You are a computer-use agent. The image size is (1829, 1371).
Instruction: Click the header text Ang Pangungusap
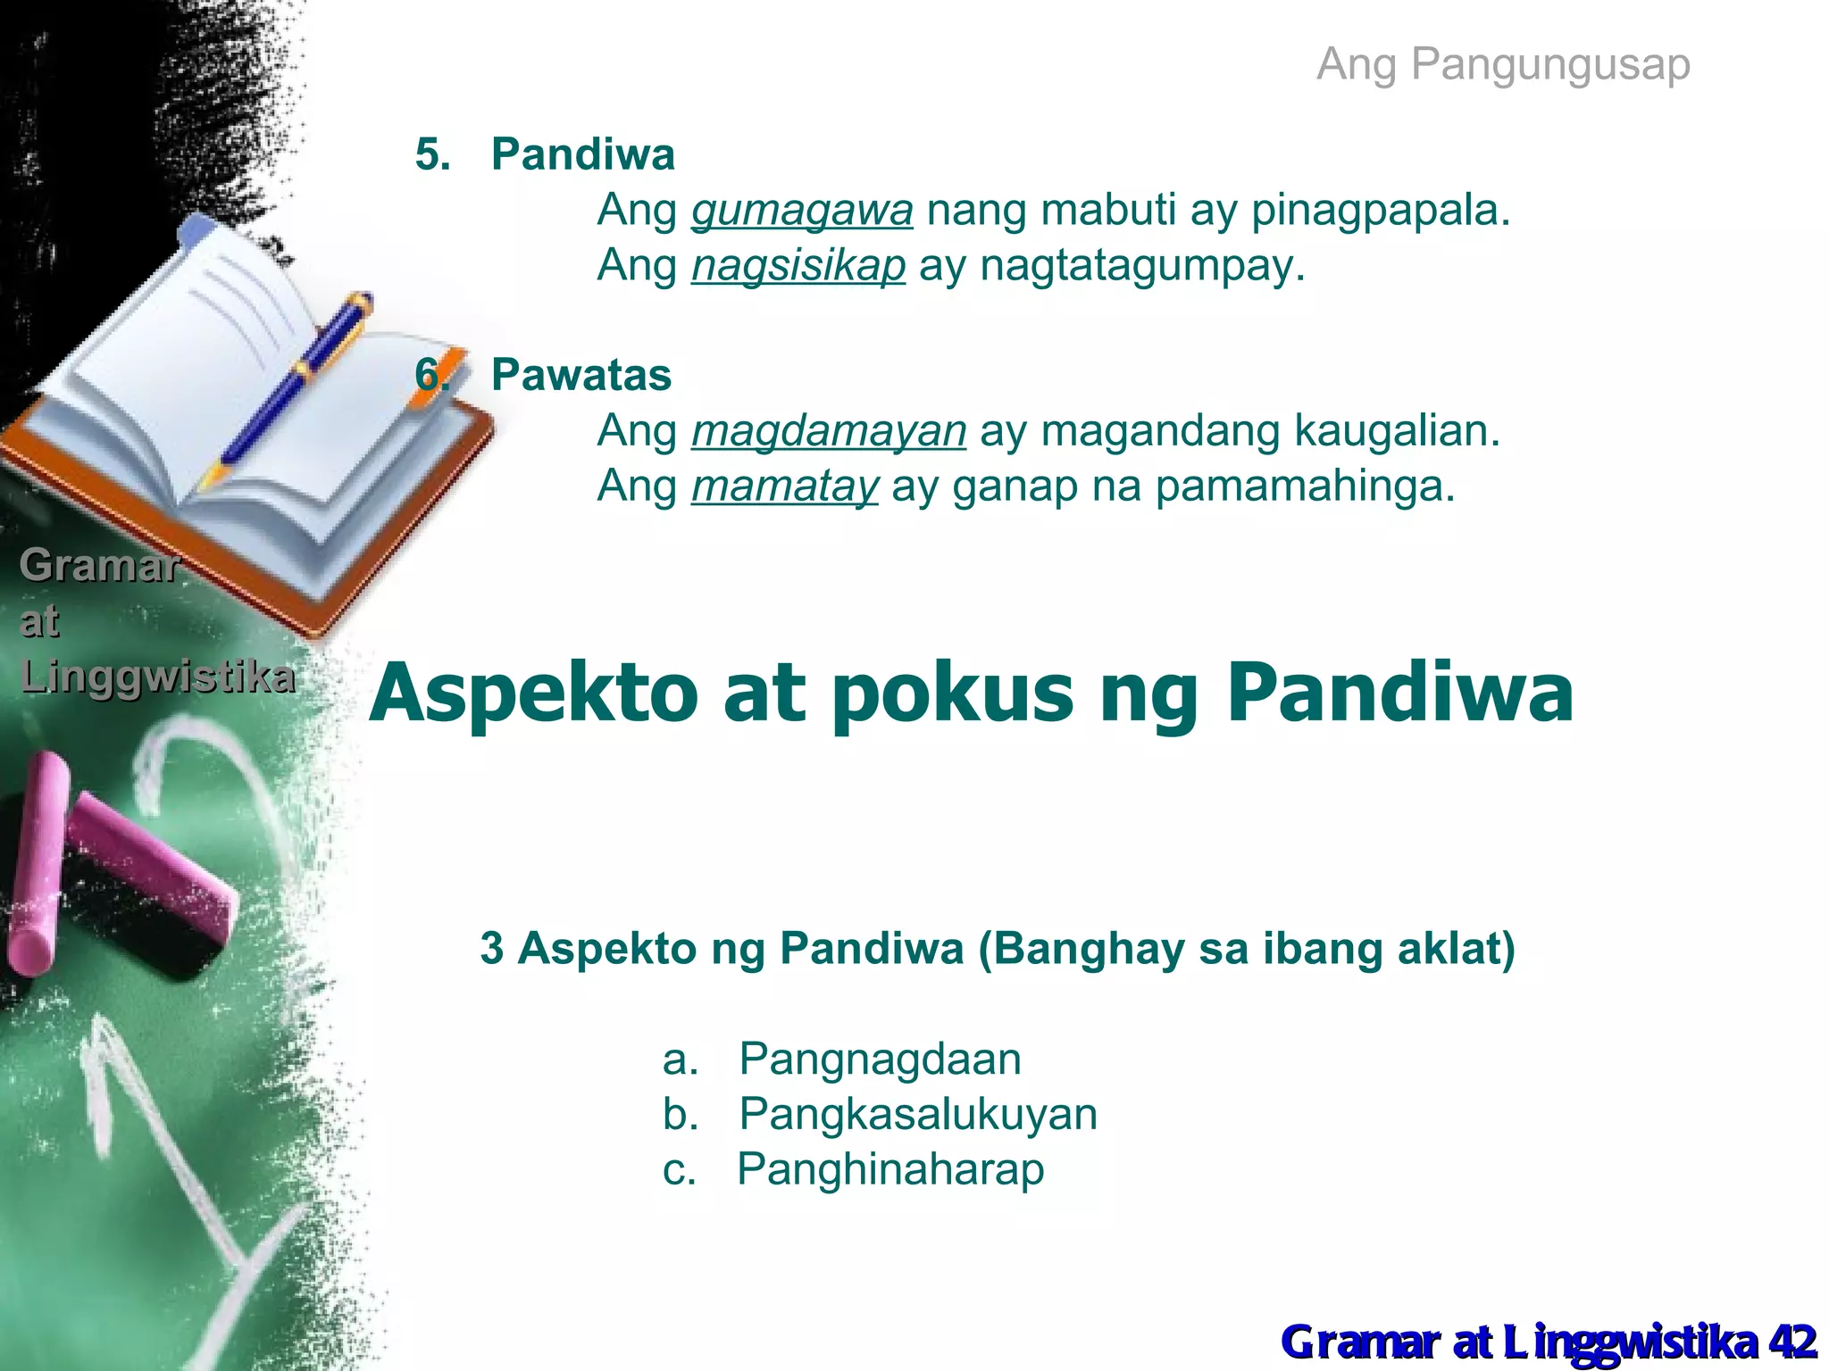tap(1503, 64)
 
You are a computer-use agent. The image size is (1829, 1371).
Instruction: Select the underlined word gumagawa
tap(802, 212)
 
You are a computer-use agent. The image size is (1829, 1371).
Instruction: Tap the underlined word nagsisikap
tap(798, 266)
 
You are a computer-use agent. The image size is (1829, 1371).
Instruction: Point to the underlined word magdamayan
tap(829, 431)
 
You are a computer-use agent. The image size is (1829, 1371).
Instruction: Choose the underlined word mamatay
tap(785, 486)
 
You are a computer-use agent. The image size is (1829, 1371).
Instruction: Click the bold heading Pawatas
tap(580, 375)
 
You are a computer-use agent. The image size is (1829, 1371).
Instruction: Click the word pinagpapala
tap(1380, 212)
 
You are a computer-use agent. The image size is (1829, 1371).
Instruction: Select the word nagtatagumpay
tap(1142, 266)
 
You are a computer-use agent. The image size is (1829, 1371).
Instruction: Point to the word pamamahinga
tap(1305, 486)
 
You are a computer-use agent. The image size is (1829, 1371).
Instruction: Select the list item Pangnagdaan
tap(880, 1059)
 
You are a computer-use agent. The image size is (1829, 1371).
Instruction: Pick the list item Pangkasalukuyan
tap(918, 1115)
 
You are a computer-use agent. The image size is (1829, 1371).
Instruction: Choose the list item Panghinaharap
tap(890, 1169)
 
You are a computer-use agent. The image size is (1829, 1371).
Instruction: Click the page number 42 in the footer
tap(1791, 1342)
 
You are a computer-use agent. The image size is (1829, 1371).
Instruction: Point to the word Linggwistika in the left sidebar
tap(157, 677)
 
